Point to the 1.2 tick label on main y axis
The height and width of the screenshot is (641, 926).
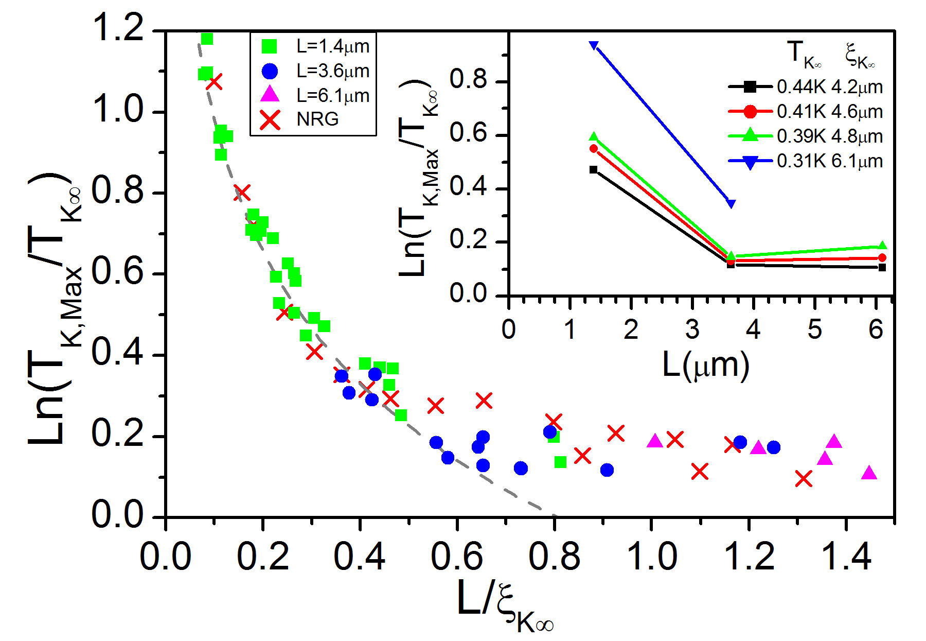(x=118, y=28)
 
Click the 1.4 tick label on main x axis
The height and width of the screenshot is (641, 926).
(x=846, y=557)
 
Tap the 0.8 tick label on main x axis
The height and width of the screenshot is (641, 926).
(x=554, y=557)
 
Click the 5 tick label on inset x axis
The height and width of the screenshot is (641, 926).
(x=814, y=330)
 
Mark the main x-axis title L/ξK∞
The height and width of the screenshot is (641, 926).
(x=504, y=605)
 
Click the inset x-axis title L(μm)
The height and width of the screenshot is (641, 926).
(x=705, y=366)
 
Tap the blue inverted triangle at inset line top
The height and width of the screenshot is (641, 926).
(x=594, y=45)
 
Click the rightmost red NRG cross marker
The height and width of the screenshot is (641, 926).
(x=804, y=479)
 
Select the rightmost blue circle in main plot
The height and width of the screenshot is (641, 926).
(x=773, y=447)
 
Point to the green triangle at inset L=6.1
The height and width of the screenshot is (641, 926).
(x=882, y=246)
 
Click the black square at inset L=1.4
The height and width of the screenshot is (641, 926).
(x=593, y=170)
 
